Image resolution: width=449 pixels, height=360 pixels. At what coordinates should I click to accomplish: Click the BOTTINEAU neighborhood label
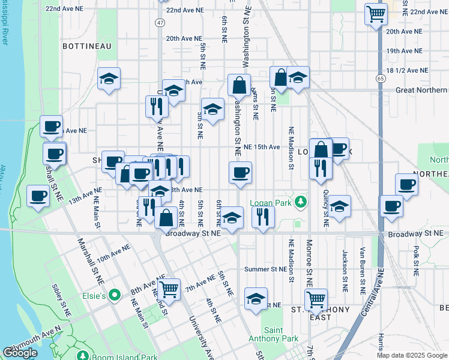click(84, 45)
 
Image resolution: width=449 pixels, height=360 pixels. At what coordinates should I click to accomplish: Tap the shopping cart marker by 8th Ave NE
click(169, 289)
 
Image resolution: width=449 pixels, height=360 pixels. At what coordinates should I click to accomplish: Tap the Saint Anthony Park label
click(273, 334)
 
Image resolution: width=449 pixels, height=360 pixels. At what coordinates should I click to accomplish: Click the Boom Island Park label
click(124, 357)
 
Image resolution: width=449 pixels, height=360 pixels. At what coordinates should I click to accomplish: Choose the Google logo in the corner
click(20, 353)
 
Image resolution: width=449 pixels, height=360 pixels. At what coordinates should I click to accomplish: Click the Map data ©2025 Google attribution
click(412, 355)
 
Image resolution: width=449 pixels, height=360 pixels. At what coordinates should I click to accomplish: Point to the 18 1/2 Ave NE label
click(408, 70)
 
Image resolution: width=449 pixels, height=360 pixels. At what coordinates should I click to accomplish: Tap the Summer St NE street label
click(265, 269)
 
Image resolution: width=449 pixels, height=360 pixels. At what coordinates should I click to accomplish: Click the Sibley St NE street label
click(62, 299)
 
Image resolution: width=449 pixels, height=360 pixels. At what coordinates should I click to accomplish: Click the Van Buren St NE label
click(362, 269)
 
